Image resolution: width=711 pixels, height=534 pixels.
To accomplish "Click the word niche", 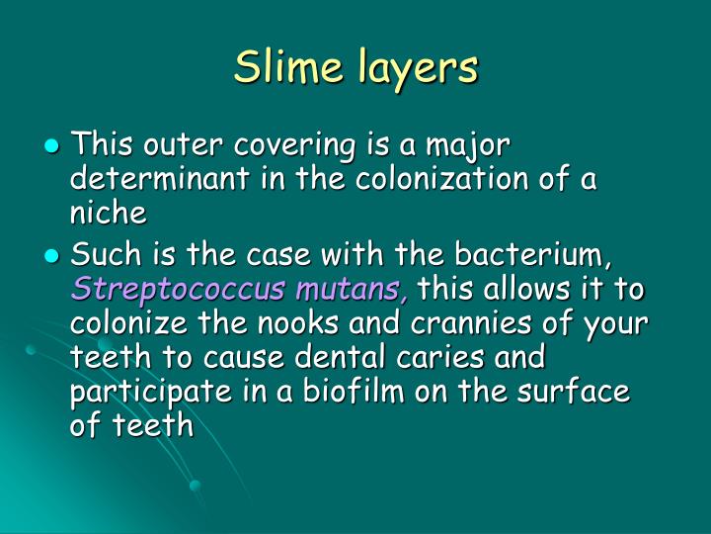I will coord(108,214).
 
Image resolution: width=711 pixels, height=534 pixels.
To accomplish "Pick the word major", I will coord(472,146).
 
